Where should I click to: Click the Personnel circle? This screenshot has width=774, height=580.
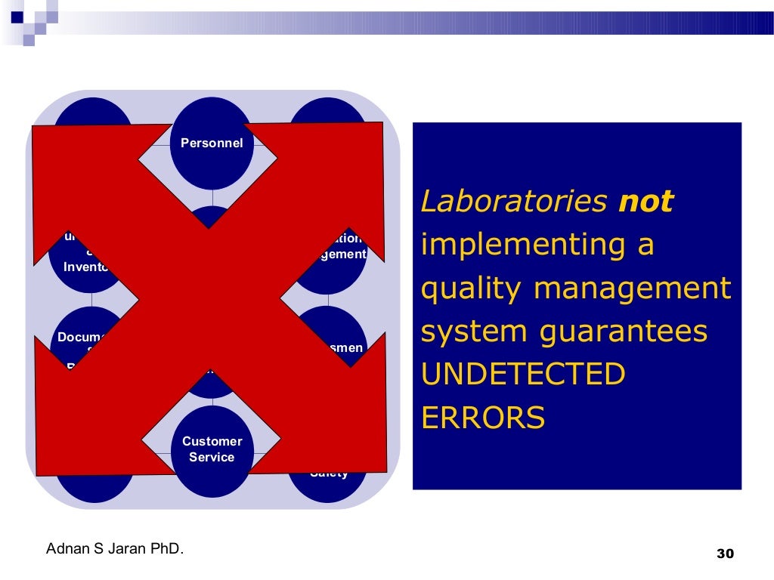coord(212,143)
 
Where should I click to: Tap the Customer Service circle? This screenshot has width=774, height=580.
coord(212,450)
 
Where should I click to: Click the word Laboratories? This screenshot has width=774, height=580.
coord(514,202)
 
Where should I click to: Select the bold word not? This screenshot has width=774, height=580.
coord(646,202)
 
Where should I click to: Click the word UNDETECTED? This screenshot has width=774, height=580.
coord(523,375)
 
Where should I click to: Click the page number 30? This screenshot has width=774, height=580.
coord(724,554)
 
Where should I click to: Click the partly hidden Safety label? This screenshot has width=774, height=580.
coord(329,474)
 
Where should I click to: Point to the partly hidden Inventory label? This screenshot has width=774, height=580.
coord(86,267)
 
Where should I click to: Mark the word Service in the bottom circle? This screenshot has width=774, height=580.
coord(212,458)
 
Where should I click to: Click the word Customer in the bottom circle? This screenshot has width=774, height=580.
coord(212,442)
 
